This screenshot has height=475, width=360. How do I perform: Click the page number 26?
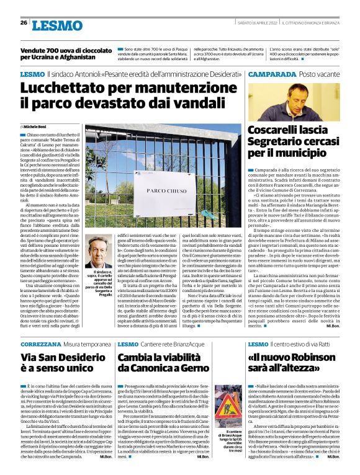point(23,23)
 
